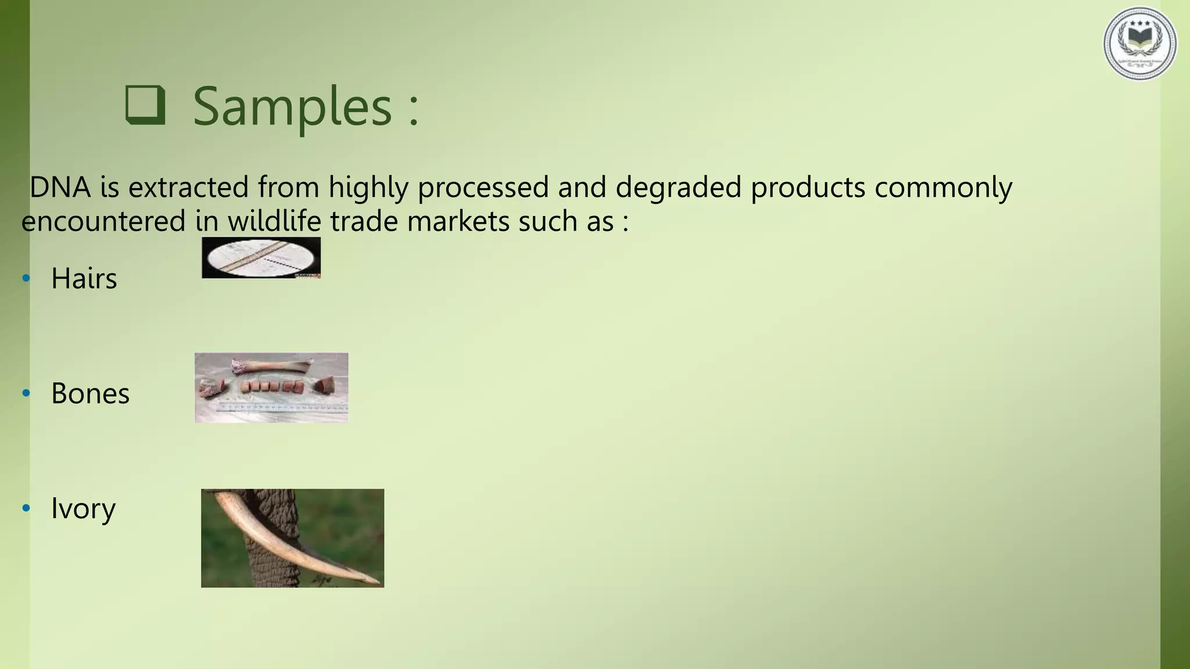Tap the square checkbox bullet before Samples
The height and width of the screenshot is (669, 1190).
[145, 105]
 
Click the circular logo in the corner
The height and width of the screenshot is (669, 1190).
[1139, 44]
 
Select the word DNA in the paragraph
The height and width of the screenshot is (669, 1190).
[60, 188]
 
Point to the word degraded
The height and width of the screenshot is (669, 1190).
[678, 188]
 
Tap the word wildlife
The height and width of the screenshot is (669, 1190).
[274, 221]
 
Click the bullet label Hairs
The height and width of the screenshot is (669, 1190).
[84, 278]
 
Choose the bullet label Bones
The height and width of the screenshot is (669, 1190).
[90, 393]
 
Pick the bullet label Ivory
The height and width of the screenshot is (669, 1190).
[83, 508]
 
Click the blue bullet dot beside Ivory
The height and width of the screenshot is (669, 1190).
[26, 509]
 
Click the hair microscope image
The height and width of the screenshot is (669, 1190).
[261, 257]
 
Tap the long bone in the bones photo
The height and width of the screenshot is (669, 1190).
[272, 366]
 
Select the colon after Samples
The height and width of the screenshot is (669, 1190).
[413, 110]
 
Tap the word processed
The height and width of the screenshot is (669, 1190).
[483, 188]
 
